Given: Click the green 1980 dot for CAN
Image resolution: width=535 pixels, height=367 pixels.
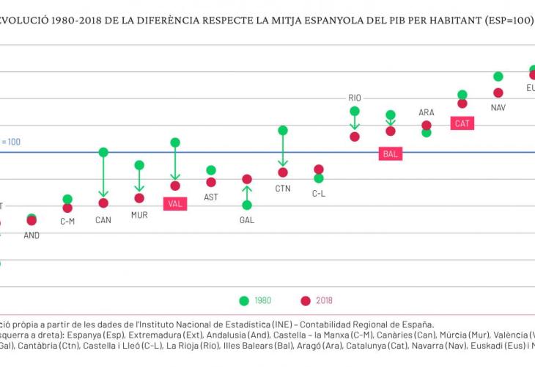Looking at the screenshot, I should pos(103,152).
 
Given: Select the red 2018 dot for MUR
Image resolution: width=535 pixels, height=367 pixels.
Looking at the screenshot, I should pos(139,198).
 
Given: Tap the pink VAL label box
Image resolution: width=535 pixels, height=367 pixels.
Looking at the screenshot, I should pos(175,204).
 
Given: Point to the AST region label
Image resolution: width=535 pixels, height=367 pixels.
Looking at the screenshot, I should pos(211,197).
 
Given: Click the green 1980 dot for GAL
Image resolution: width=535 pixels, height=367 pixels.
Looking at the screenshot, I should pos(247,205).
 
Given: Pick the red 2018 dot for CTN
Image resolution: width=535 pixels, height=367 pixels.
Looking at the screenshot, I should pos(283,172).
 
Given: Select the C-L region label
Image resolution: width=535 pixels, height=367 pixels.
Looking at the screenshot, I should pos(319,194).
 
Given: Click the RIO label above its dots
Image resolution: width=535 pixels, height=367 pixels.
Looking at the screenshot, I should pos(355,98).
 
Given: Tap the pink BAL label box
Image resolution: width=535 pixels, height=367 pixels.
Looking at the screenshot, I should pos(391,154).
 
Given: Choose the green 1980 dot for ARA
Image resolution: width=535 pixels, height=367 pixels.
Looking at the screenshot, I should pos(427,132).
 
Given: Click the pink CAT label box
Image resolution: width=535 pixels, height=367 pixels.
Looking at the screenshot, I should pos(462,123).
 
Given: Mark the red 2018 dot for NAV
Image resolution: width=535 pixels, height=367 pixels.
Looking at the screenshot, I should pos(498,92).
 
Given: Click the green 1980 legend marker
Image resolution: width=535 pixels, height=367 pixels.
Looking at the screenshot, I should pos(244,300).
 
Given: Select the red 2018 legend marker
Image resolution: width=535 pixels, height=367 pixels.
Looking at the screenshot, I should pos(306,300).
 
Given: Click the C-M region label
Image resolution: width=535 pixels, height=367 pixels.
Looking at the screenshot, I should pos(67,221).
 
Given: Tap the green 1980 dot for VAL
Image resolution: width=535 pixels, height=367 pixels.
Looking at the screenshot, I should pos(175,142).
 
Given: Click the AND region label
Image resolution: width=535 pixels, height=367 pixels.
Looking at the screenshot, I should pos(32,236).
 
